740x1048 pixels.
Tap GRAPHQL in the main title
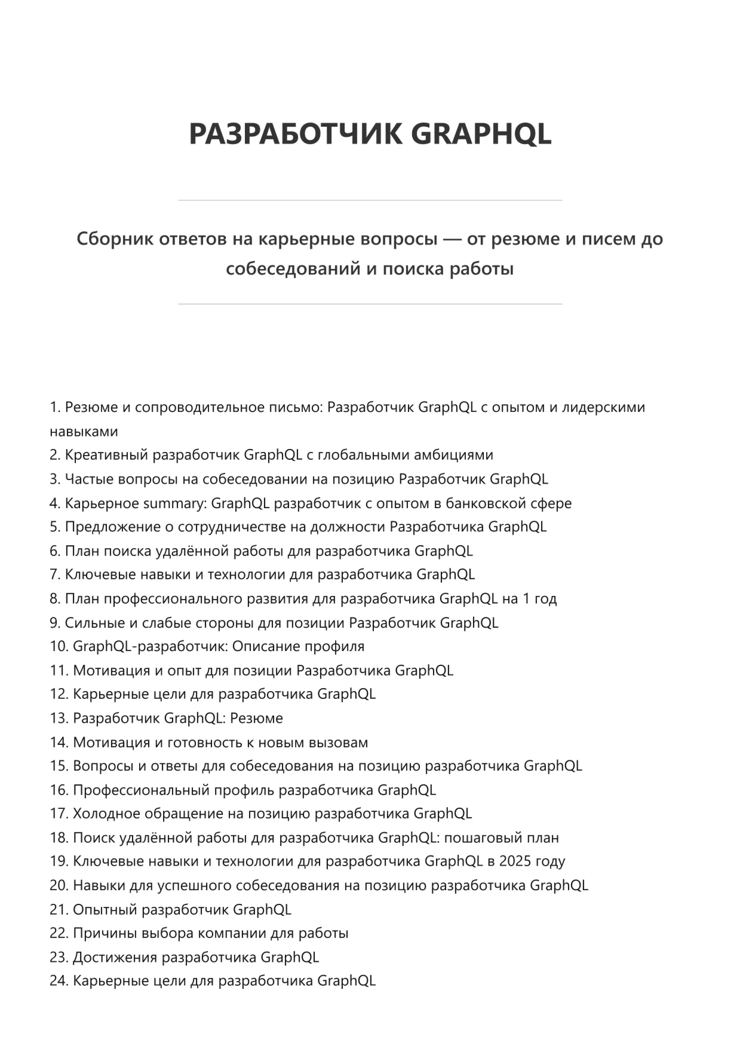pos(481,133)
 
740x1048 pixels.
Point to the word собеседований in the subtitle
pos(293,268)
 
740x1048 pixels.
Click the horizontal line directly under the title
pos(370,200)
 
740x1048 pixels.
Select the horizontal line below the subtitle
pos(370,304)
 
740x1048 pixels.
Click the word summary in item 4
pos(179,503)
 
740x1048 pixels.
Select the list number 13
pos(59,718)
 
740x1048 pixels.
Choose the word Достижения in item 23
pos(115,957)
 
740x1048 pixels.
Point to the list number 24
pos(59,981)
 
